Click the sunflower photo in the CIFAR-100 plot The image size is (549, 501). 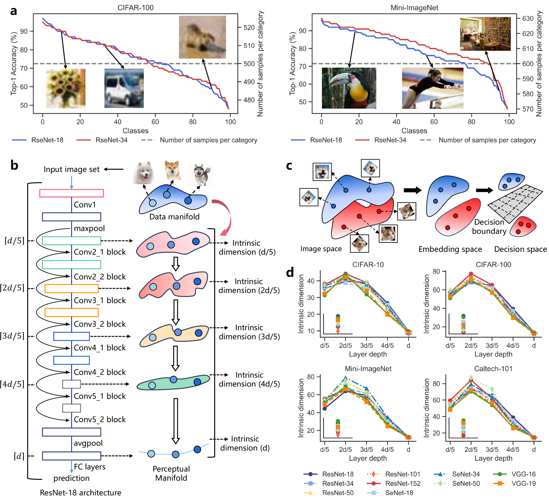point(65,88)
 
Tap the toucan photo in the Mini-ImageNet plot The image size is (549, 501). point(349,88)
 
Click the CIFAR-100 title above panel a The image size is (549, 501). point(136,8)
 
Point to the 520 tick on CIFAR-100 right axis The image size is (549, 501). point(249,27)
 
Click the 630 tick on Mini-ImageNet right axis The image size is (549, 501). point(528,19)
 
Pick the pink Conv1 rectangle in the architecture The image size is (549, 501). point(71,193)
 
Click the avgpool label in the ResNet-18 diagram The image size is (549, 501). point(88,443)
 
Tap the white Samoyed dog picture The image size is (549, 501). point(143,173)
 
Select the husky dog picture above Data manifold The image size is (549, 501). point(200,175)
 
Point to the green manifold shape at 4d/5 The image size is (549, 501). point(173,383)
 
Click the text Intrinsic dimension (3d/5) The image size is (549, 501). point(249,332)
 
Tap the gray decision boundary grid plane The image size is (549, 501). point(515,203)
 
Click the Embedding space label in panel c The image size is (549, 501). point(450,249)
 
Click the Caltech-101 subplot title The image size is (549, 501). point(493,369)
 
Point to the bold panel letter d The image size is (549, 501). point(290,272)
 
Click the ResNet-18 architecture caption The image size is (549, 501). point(80,493)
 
